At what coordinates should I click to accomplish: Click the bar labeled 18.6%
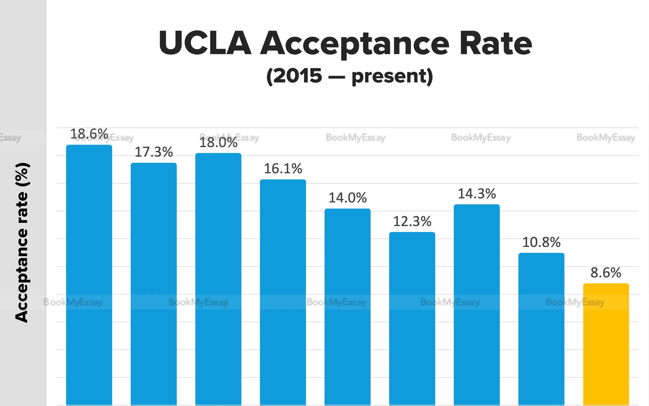coord(89,274)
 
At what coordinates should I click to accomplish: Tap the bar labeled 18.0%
coord(218,278)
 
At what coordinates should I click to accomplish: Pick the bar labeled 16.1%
coord(283,291)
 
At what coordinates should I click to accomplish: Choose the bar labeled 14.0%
coord(347,306)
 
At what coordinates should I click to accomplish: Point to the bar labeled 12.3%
coord(412,318)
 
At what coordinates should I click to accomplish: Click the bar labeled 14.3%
coord(477,303)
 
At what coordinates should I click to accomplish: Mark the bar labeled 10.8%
coord(541,329)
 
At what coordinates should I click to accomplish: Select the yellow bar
coord(606,344)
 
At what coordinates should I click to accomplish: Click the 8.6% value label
coord(606,273)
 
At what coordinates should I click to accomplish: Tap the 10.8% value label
coord(541,242)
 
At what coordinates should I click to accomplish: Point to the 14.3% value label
coord(477,194)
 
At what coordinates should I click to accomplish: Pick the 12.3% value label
coord(412,221)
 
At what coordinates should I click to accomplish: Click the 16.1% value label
coord(283,169)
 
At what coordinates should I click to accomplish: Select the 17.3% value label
coord(154,152)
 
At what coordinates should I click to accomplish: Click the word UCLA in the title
coord(205,43)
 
